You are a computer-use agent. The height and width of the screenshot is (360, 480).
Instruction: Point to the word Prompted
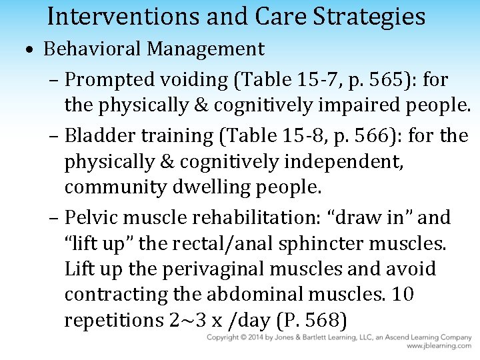tap(109, 80)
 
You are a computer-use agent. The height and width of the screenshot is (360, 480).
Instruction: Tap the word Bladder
tap(97, 135)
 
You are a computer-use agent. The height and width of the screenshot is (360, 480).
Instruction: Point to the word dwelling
tap(216, 187)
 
